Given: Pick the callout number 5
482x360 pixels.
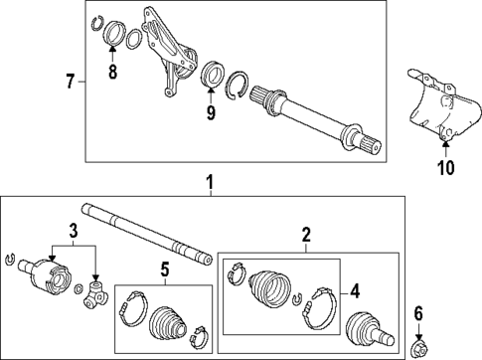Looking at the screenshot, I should click(x=163, y=268).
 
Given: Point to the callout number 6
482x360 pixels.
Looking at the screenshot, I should click(x=418, y=314).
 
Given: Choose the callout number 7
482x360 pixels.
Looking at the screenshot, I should click(x=71, y=81).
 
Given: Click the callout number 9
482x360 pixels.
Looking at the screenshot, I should click(x=210, y=113).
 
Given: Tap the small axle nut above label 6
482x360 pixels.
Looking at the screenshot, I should click(x=418, y=347).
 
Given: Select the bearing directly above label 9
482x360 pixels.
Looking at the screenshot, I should click(x=211, y=78).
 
